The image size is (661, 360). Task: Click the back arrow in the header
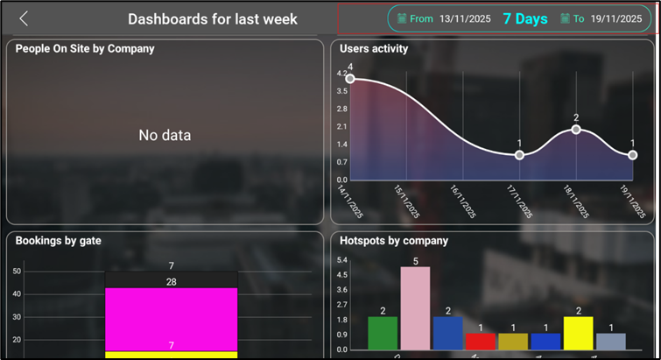24,18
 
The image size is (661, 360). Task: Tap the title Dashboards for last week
213,18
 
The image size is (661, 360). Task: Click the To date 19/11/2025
615,18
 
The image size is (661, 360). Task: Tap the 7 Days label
525,18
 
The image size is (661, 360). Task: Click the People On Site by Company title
85,49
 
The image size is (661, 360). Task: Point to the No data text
165,135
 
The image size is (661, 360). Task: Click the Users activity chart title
374,49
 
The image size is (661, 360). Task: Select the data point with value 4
350,79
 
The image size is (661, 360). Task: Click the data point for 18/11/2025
576,129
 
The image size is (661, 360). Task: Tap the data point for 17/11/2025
519,155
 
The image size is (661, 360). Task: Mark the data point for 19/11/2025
632,155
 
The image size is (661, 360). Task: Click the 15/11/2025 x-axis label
408,201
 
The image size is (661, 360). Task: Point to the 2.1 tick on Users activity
341,126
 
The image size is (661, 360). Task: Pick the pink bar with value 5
415,308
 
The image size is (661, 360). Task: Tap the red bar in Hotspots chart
480,342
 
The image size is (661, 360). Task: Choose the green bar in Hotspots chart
383,334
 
